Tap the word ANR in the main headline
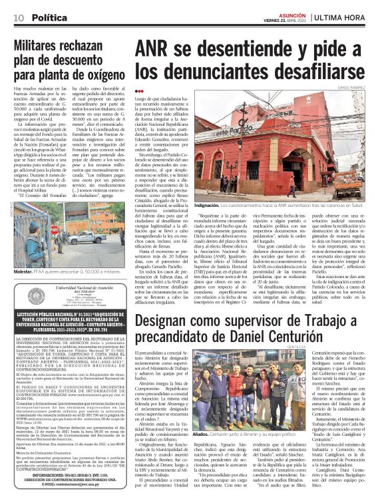(157, 52)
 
